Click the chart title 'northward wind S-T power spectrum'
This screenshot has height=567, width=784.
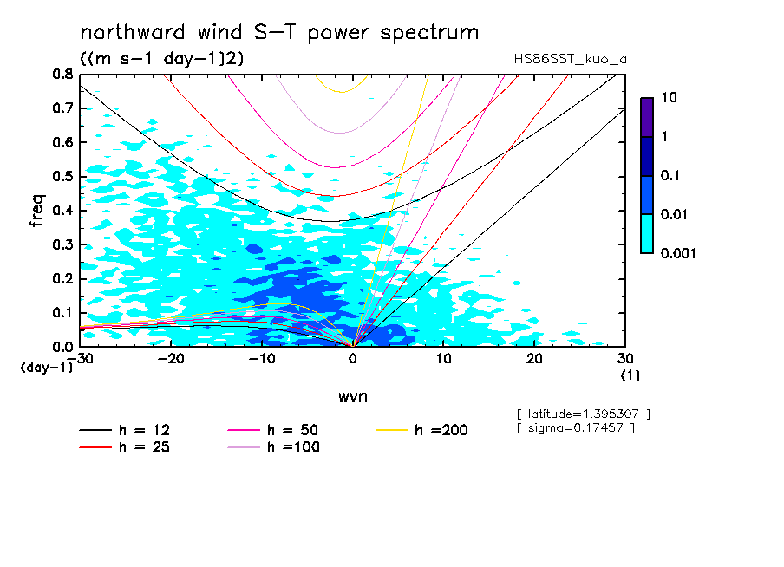coord(279,33)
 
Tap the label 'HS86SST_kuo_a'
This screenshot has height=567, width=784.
coord(570,60)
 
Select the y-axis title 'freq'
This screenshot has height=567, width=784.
coord(37,210)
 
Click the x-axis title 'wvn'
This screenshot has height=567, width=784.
coord(352,396)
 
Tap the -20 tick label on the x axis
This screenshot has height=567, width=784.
coord(171,358)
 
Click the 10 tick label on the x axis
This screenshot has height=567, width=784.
coord(443,358)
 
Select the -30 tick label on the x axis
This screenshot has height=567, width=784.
coord(80,358)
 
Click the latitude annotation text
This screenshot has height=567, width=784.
coord(582,414)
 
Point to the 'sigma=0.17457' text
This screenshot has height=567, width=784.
coord(575,427)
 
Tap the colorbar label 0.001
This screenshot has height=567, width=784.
coord(679,254)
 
